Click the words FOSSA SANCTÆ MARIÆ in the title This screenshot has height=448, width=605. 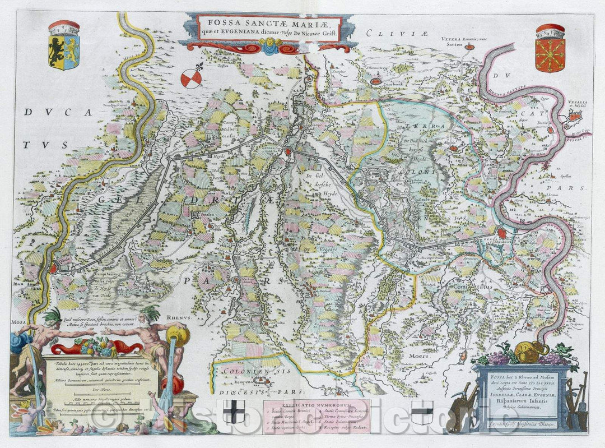268,24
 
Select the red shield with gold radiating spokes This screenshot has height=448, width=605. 550,55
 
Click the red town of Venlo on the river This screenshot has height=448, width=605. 53,269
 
